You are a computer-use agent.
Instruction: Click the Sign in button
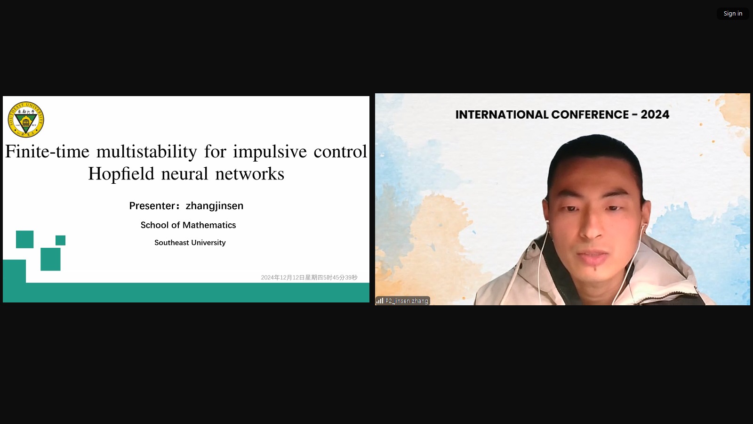click(x=733, y=14)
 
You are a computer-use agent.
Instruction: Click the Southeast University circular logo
click(x=26, y=120)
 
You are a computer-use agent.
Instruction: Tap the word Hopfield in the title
click(x=121, y=174)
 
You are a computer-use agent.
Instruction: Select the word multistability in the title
click(x=146, y=151)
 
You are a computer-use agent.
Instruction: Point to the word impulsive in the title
click(x=270, y=151)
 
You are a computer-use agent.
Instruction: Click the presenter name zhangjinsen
click(x=215, y=205)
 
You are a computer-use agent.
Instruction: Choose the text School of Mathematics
click(x=188, y=225)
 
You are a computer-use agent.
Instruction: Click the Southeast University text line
click(x=190, y=243)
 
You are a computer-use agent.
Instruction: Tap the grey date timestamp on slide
click(x=309, y=277)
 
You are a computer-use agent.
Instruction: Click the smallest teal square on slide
click(x=61, y=240)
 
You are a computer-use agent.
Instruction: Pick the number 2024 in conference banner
click(x=655, y=114)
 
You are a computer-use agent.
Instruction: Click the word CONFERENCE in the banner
click(x=590, y=114)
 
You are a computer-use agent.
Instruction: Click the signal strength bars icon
click(x=379, y=301)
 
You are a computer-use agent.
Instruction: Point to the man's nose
click(x=592, y=226)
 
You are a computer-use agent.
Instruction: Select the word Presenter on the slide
click(x=152, y=205)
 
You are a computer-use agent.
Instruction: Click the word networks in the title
click(x=249, y=174)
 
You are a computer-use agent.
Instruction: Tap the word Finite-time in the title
click(x=47, y=151)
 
